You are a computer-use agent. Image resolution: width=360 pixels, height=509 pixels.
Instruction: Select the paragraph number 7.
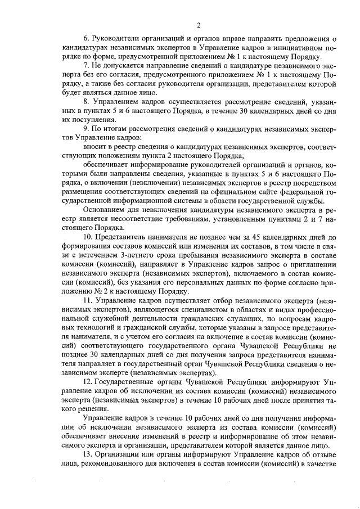[x=85, y=66]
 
